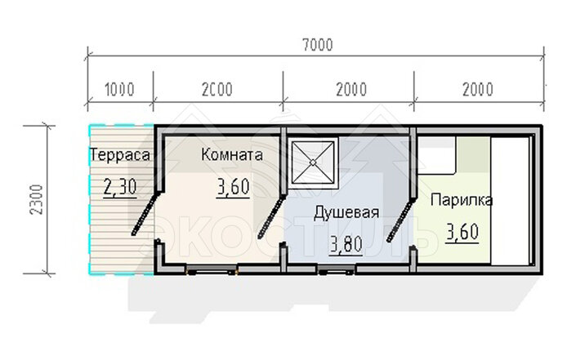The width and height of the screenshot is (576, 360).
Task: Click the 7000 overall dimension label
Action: pos(318,44)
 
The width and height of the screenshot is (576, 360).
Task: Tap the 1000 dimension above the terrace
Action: pos(120,90)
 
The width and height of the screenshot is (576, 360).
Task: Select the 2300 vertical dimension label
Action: pos(37,200)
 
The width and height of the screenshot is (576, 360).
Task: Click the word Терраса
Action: pos(120,155)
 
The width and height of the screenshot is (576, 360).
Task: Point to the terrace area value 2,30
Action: pos(120,187)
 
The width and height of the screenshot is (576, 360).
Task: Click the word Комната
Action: pos(232,155)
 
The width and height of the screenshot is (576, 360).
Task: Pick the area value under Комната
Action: pos(234,187)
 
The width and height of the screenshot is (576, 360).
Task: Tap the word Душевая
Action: pos(346,212)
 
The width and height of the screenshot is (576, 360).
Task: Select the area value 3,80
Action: pos(346,245)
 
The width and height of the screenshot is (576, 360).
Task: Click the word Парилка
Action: pos(462,200)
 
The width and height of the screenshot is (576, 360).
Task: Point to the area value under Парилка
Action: pos(462,232)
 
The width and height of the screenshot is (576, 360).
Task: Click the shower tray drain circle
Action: pos(313,162)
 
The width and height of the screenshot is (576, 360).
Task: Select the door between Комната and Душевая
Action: pos(271,216)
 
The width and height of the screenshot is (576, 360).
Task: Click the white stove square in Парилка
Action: pos(437,155)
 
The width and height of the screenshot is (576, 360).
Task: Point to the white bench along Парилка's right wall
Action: pos(511,200)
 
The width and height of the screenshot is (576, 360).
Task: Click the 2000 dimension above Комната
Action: pos(217,90)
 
